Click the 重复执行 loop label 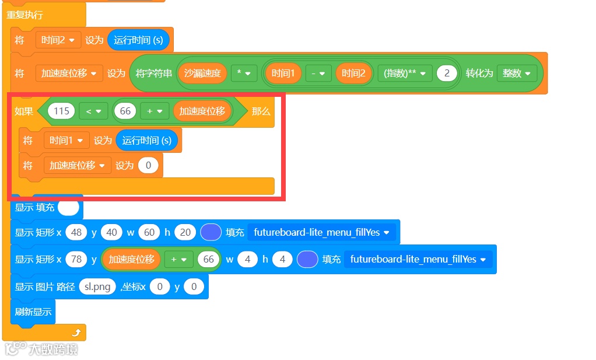pyautogui.click(x=24, y=15)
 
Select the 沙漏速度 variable pyautogui.click(x=202, y=74)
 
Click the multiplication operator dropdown pyautogui.click(x=244, y=74)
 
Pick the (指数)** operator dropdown pyautogui.click(x=405, y=74)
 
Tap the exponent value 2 pyautogui.click(x=447, y=74)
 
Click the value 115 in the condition pyautogui.click(x=61, y=111)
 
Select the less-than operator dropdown pyautogui.click(x=93, y=111)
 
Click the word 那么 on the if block pyautogui.click(x=261, y=111)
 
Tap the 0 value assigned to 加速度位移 pyautogui.click(x=148, y=166)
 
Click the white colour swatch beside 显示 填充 pyautogui.click(x=68, y=207)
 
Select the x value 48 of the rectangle pyautogui.click(x=76, y=232)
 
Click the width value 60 pyautogui.click(x=149, y=232)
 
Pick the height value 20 pyautogui.click(x=185, y=232)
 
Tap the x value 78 pyautogui.click(x=76, y=259)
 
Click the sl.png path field pyautogui.click(x=97, y=287)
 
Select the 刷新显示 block pyautogui.click(x=33, y=312)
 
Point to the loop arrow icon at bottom pyautogui.click(x=76, y=333)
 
